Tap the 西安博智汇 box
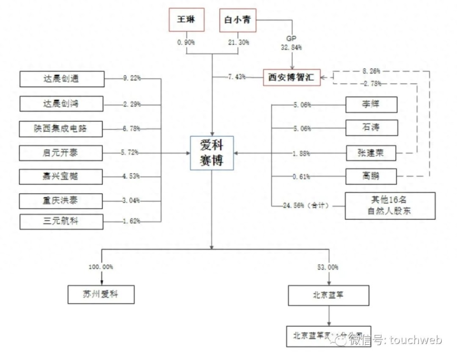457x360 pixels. coord(292,78)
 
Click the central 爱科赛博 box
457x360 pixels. coord(212,153)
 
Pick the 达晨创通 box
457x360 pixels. coord(62,79)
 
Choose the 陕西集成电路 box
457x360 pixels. coord(62,129)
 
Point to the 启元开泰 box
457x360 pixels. coord(62,153)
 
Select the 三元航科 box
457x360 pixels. coord(62,221)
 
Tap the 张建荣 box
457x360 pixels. coord(371,153)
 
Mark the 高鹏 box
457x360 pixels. coord(371,177)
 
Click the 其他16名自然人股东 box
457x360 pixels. coord(390,206)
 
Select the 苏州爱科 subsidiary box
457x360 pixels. coord(101,294)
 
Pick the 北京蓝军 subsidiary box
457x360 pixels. coord(329,295)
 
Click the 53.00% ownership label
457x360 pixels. coord(328,267)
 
